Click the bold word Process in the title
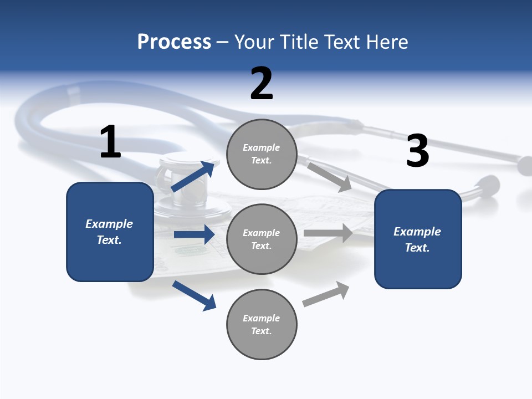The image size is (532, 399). coord(174,42)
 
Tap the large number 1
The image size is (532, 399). coord(110,142)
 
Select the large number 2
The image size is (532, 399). coord(262,83)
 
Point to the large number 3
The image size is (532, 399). coord(417,151)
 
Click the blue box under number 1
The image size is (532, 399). coord(110,232)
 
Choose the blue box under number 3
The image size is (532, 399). coord(418,239)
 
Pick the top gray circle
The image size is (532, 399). coord(262,154)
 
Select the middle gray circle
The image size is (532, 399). coord(262,239)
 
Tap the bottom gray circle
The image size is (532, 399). coord(262,324)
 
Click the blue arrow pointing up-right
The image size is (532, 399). coord(193,176)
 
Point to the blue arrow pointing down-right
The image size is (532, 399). coord(194,295)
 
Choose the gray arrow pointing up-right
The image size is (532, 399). coord(326,294)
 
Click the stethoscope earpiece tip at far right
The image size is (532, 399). coord(525,165)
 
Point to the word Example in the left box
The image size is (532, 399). coord(109,224)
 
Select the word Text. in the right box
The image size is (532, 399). coord(417,248)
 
